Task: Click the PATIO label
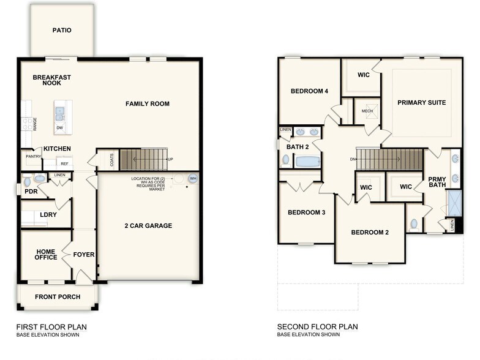pyautogui.click(x=61, y=29)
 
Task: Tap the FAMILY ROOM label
pyautogui.click(x=147, y=103)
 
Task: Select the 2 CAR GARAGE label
pyautogui.click(x=148, y=226)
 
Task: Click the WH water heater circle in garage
pyautogui.click(x=193, y=179)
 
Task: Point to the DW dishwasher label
pyautogui.click(x=59, y=128)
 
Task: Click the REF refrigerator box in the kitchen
pyautogui.click(x=64, y=163)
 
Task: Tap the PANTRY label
pyautogui.click(x=33, y=157)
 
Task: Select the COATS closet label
pyautogui.click(x=111, y=160)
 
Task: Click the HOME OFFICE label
pyautogui.click(x=46, y=254)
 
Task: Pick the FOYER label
pyautogui.click(x=83, y=254)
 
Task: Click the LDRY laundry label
pyautogui.click(x=48, y=215)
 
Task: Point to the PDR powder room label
pyautogui.click(x=31, y=191)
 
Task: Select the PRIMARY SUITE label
pyautogui.click(x=421, y=102)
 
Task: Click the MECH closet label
pyautogui.click(x=367, y=111)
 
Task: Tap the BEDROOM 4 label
pyautogui.click(x=309, y=91)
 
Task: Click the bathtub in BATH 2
pyautogui.click(x=307, y=162)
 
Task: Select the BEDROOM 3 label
pyautogui.click(x=306, y=212)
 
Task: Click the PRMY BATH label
pyautogui.click(x=437, y=181)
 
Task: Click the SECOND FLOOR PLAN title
pyautogui.click(x=317, y=327)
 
